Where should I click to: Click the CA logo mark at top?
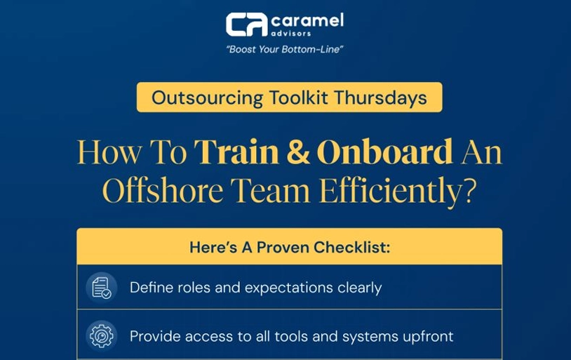(246, 24)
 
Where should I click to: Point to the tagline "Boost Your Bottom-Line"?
(284, 50)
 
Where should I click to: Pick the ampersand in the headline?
(297, 152)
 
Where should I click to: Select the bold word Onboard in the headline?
(384, 152)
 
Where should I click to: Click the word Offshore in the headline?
(162, 190)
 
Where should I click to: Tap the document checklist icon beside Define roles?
(102, 288)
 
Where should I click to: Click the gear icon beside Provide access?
(102, 335)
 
